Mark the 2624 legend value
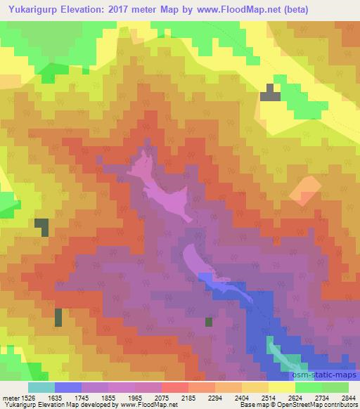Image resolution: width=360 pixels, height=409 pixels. pyautogui.click(x=295, y=397)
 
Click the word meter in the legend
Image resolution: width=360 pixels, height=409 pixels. pyautogui.click(x=9, y=397)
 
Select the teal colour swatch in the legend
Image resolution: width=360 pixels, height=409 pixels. pyautogui.click(x=41, y=387)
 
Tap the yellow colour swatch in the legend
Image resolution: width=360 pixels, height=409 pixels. pyautogui.click(x=282, y=387)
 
